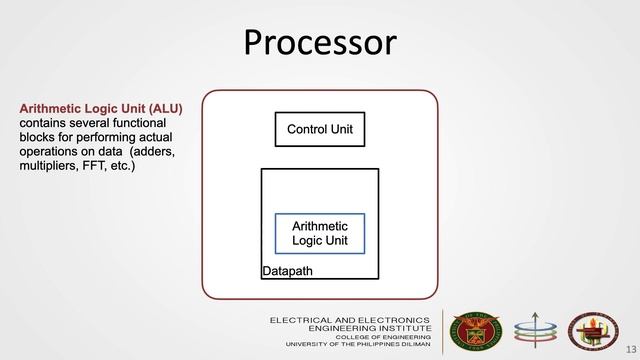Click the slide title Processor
(320, 43)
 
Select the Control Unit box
(320, 130)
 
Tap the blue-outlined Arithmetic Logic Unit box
(320, 233)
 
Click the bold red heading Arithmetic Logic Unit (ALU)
(100, 108)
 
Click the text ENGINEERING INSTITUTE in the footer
(370, 327)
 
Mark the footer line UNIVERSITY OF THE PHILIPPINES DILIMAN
(358, 345)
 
